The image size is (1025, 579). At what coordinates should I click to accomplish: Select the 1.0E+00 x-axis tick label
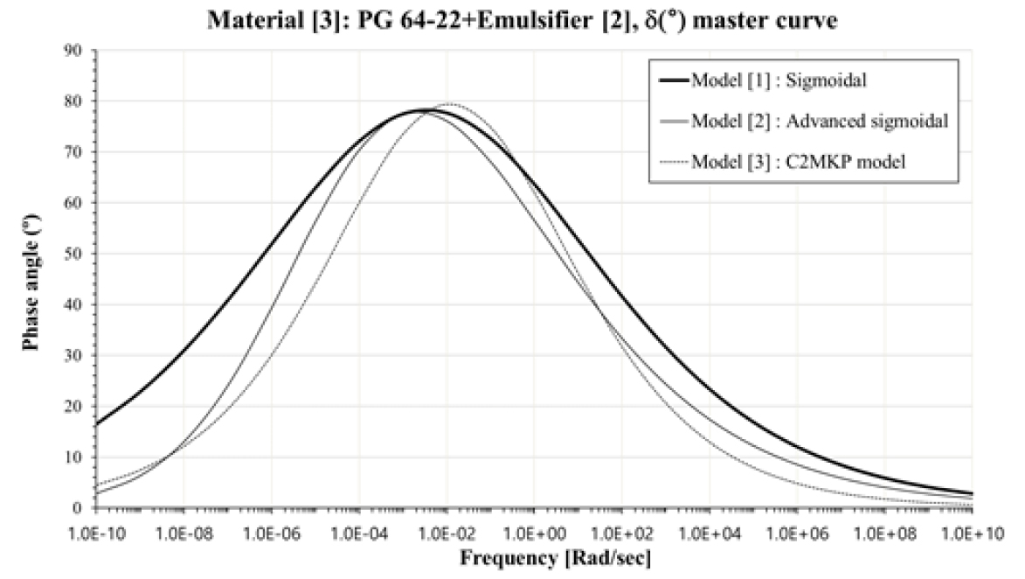point(533,531)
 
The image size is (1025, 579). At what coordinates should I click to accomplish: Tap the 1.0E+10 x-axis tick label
point(971,531)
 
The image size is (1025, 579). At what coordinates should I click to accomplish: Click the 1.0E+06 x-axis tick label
point(796,531)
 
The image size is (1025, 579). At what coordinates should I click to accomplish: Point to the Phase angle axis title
point(31,278)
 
